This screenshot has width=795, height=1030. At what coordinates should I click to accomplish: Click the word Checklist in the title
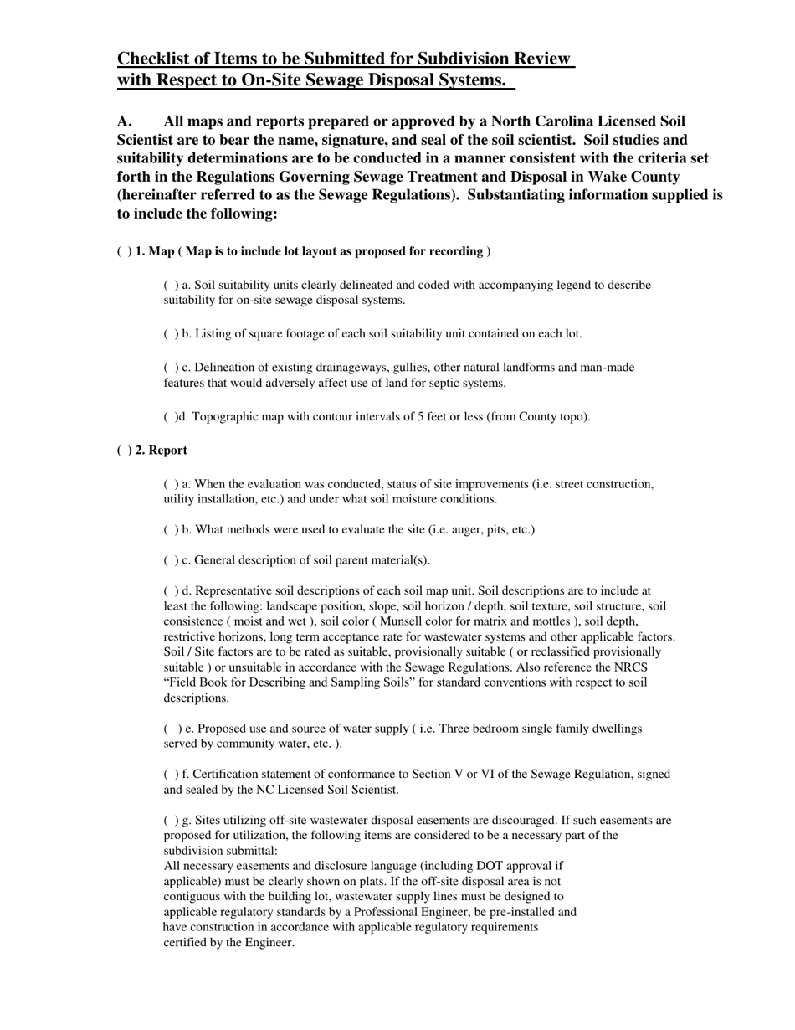coord(156,59)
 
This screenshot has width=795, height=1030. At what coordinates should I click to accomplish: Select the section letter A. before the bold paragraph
coord(126,121)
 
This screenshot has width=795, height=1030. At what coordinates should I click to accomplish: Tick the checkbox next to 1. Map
coord(124,251)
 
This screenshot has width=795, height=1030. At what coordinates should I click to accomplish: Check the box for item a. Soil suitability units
coord(171,286)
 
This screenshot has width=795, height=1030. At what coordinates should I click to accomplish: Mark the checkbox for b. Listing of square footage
coord(171,334)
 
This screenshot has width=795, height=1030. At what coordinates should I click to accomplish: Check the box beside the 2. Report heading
coord(124,451)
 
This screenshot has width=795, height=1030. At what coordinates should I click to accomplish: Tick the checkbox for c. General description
coord(171,560)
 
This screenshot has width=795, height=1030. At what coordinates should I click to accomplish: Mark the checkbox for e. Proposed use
coord(172,729)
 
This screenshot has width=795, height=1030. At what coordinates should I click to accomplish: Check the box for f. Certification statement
coord(171,775)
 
